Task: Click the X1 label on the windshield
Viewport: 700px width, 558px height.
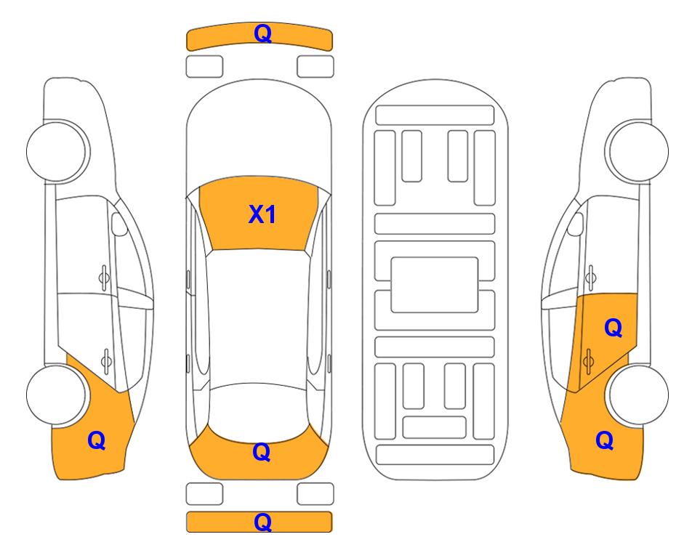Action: [x=262, y=214]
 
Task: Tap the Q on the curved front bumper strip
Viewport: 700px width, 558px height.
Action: [x=262, y=33]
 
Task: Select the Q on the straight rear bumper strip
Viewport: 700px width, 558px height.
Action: [x=262, y=522]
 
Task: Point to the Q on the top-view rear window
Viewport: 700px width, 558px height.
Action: [x=261, y=452]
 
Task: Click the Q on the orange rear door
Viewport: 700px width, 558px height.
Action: [x=613, y=328]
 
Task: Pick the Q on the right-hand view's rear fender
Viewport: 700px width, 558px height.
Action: [x=605, y=440]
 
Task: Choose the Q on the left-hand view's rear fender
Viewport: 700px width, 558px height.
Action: [x=97, y=440]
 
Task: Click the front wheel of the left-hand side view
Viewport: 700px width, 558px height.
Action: [x=56, y=151]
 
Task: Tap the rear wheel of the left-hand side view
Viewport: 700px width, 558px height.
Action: [x=56, y=395]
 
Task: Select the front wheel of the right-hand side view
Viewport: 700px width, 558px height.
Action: [x=638, y=151]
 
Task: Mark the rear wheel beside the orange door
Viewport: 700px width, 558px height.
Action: [x=638, y=395]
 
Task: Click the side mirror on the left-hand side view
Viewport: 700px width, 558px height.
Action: [x=118, y=224]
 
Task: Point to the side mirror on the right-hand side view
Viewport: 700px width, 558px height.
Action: [x=576, y=224]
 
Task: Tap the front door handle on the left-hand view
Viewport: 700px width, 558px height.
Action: [x=104, y=278]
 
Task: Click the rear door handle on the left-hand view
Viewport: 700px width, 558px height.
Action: [x=106, y=360]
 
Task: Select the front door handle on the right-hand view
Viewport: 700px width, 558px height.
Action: [x=591, y=278]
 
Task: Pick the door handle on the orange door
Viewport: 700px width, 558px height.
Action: [x=588, y=360]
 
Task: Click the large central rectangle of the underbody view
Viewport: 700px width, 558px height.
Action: [x=435, y=285]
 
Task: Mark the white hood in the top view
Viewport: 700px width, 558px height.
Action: [x=259, y=134]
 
